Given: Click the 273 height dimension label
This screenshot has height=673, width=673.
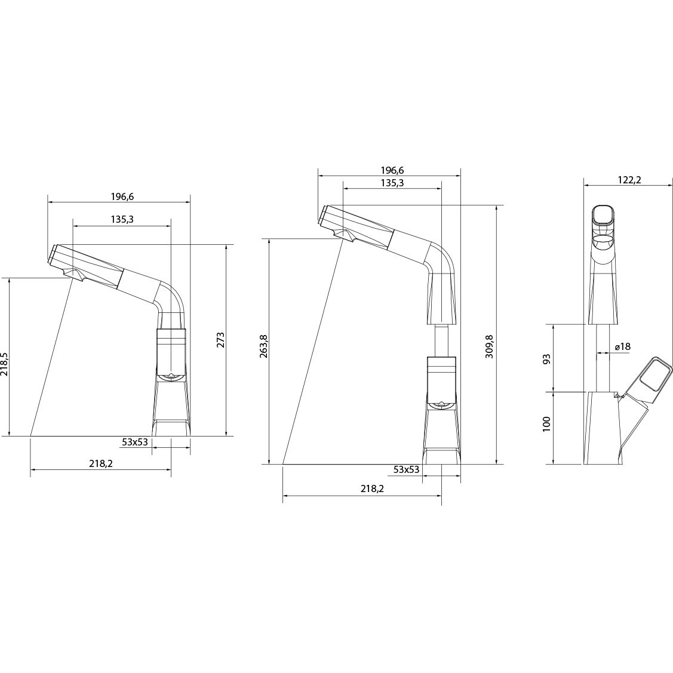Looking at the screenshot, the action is pos(220,340).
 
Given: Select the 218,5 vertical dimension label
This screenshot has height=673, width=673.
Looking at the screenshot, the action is pos(4,364).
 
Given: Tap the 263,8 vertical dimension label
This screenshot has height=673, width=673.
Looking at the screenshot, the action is pos(263,346).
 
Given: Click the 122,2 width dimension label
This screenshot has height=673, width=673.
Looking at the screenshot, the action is pos(629,180).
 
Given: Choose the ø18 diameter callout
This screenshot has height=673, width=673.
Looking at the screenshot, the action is pos(622,346).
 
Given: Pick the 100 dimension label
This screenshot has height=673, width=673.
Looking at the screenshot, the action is pos(546,425).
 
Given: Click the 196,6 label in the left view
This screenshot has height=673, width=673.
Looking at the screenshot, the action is pos(123,196).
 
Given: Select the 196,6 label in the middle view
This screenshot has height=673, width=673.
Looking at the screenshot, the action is pos(392,170).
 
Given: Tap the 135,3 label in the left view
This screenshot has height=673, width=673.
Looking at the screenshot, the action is pos(122,219).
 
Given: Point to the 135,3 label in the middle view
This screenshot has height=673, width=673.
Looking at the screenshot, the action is pos(392,183).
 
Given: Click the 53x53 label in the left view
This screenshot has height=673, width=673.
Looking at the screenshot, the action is pos(135,442).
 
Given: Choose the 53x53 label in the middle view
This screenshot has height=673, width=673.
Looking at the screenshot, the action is pos(406,469).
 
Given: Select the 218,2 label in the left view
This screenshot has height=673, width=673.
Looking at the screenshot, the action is pos(101,463).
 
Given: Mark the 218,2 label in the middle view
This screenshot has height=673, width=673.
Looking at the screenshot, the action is pos(371,488).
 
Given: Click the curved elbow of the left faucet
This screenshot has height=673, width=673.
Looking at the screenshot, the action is pos(170,297).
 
